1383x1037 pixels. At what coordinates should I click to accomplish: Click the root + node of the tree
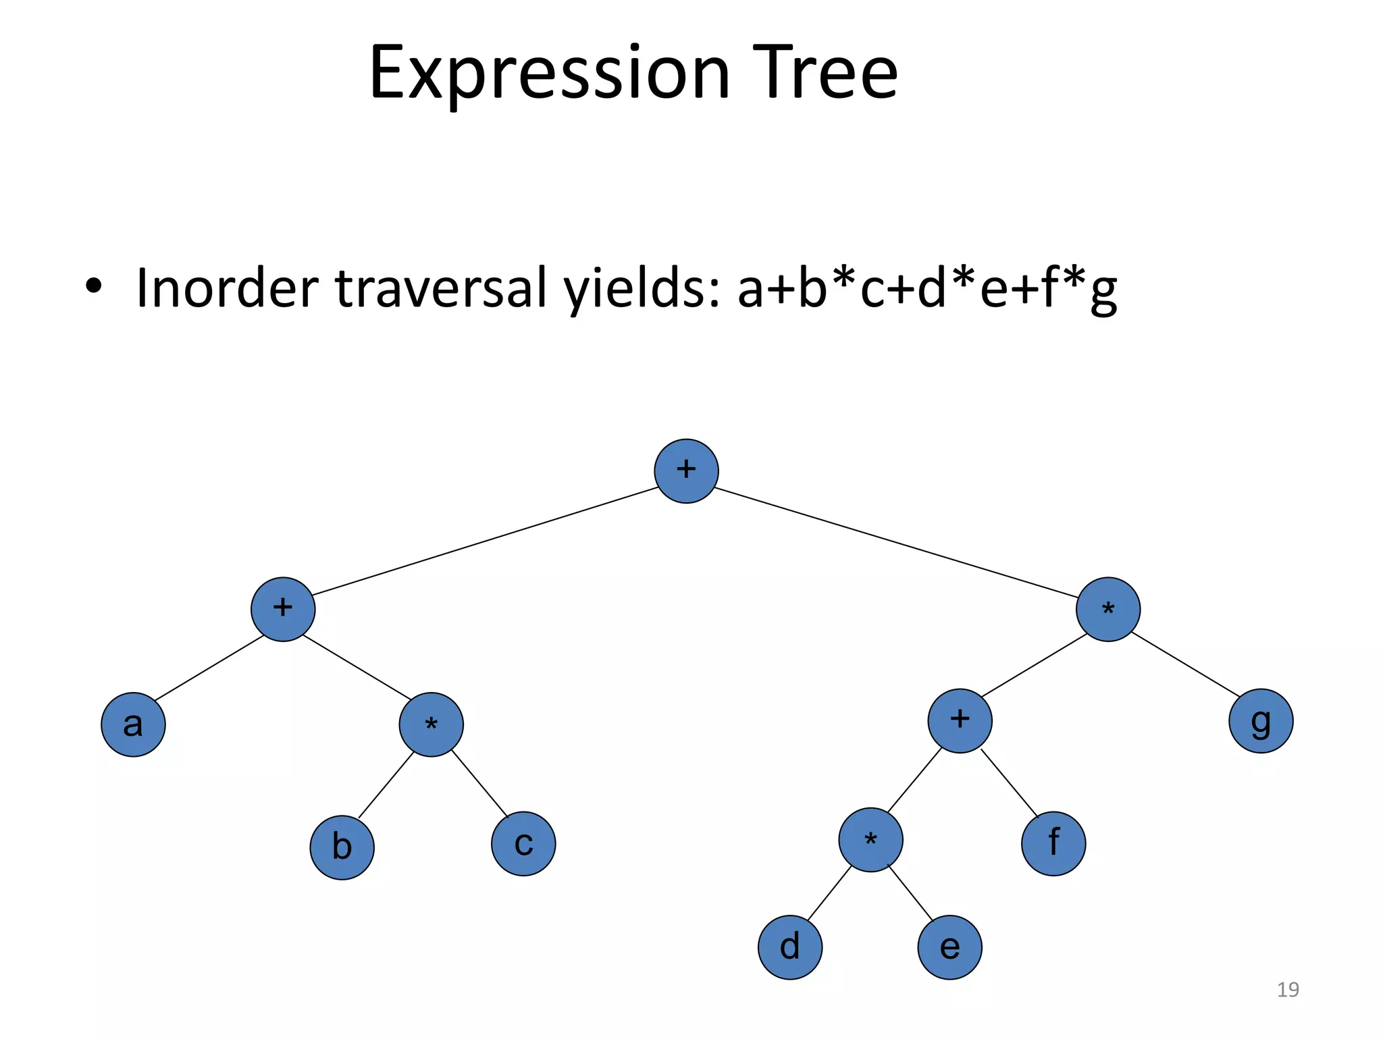coord(686,471)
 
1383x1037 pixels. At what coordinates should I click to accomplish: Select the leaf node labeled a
coord(133,724)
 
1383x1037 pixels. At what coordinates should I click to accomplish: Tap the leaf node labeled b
coord(342,847)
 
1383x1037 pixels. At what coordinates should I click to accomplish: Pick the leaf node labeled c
coord(523,844)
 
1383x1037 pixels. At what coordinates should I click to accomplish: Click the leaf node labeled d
coord(790,947)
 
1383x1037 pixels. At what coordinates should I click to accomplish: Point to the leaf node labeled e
coord(949,947)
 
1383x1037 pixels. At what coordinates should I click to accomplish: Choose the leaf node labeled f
coord(1053,844)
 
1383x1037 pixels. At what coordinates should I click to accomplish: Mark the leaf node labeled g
coord(1261,721)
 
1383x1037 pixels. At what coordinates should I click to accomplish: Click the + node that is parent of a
coord(283,609)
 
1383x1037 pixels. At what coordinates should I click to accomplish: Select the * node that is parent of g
coord(1108,609)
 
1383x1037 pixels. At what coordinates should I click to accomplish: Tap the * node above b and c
coord(432,724)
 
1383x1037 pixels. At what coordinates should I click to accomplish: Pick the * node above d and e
coord(870,840)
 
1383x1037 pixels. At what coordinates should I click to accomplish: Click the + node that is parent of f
coord(960,721)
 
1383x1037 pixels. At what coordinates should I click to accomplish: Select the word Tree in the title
coord(825,73)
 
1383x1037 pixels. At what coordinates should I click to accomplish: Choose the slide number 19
coord(1288,990)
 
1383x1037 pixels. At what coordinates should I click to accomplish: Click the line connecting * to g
coord(1186,665)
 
